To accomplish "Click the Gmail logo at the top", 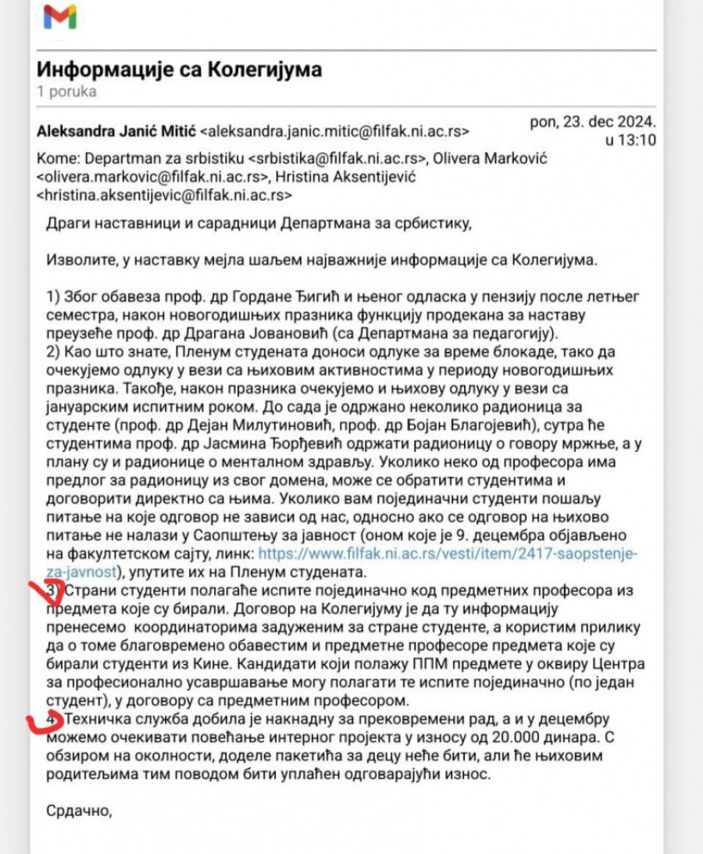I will (59, 16).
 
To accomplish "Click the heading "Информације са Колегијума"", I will (179, 70).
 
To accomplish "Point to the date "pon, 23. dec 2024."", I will (593, 123).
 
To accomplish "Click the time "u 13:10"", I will (630, 141).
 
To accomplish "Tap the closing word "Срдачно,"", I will (80, 811).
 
